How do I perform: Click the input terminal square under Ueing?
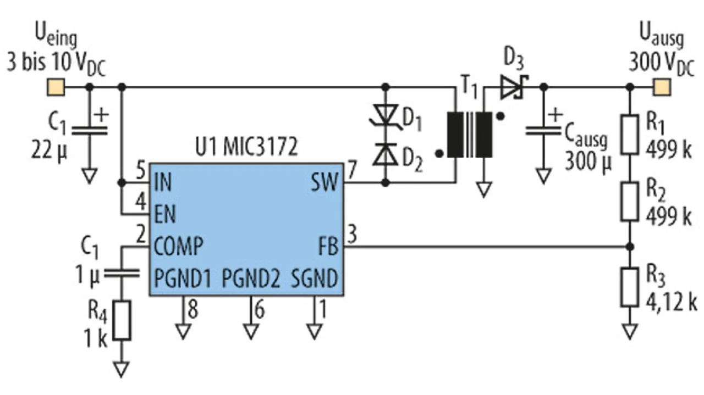coord(56,87)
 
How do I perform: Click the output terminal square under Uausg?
coord(662,87)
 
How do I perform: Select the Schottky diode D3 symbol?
coord(514,87)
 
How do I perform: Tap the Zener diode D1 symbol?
coord(386,115)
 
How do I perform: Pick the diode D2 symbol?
coord(386,154)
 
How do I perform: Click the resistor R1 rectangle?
coord(630,135)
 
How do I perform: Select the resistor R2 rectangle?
coord(630,202)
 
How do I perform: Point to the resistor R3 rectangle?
coord(630,287)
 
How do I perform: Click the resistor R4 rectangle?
coord(122,320)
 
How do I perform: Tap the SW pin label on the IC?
coord(324,182)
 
